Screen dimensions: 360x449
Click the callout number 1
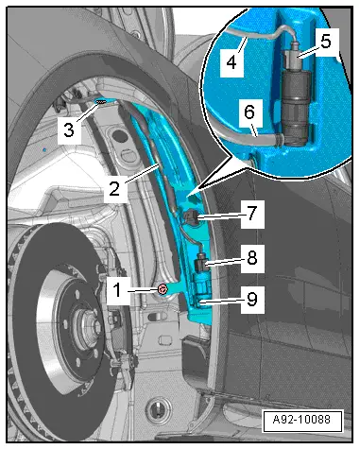(x=117, y=290)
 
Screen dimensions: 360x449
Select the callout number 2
(x=114, y=188)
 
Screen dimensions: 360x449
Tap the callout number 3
(x=69, y=130)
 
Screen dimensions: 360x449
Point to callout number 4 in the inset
(x=231, y=61)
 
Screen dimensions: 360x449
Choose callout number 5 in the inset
(x=326, y=42)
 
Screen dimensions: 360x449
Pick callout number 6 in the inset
(x=249, y=112)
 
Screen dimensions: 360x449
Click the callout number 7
(x=252, y=214)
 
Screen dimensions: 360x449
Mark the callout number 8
(x=252, y=258)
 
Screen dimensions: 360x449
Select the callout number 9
(x=252, y=299)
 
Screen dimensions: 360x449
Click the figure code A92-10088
(x=301, y=420)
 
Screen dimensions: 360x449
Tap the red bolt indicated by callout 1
(x=163, y=289)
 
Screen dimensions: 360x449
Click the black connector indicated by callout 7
(x=190, y=216)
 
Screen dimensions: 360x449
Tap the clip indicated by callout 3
(x=101, y=101)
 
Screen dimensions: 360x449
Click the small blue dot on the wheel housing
(x=44, y=148)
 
